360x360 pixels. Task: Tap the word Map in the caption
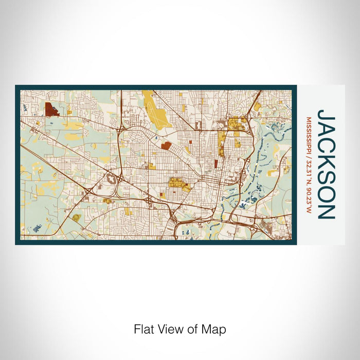coord(215,329)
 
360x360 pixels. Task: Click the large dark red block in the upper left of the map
coord(51,109)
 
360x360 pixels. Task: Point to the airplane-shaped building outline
coord(111,179)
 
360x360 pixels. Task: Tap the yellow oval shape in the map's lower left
coord(76,218)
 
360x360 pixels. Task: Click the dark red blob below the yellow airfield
coord(166,146)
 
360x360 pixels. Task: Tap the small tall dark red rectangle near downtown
coord(216,164)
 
